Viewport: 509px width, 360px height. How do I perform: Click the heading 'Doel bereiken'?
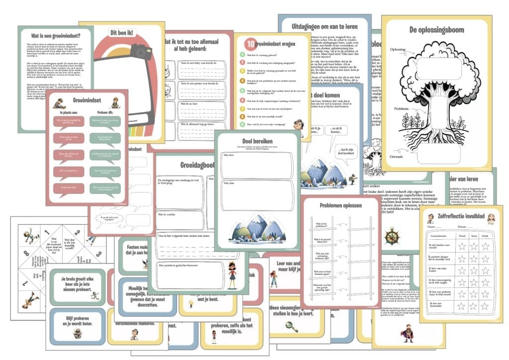click(257, 141)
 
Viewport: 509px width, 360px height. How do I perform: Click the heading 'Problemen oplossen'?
click(340, 205)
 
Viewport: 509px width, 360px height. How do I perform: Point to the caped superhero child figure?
click(407, 332)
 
